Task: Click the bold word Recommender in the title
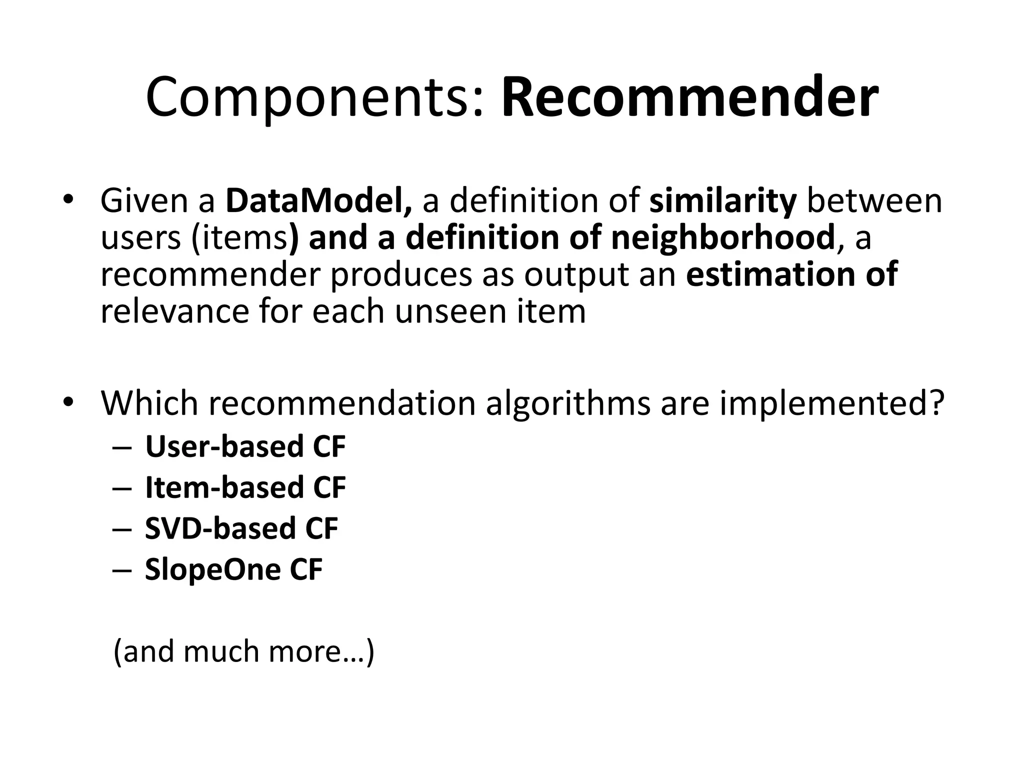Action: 689,97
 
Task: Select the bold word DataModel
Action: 318,200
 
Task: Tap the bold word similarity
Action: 722,200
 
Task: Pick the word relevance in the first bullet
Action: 174,311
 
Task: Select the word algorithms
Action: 568,403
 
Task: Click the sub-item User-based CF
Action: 245,446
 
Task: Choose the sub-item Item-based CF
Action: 245,487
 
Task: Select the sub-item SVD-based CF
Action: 241,528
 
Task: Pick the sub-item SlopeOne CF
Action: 233,569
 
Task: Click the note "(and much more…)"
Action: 244,651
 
